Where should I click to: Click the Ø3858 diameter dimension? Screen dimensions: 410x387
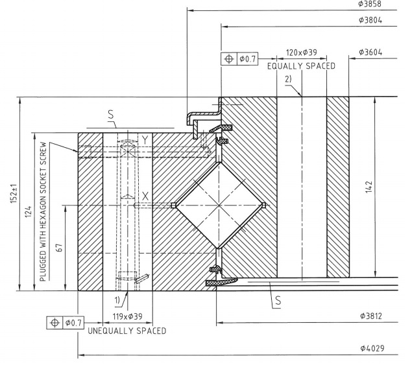coord(370,4)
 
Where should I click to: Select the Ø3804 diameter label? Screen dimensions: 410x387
coord(370,20)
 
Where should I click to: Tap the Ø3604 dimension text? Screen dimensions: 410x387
coord(370,53)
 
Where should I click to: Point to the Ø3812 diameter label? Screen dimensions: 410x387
coord(371,316)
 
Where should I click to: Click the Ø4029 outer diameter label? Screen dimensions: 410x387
coord(372,348)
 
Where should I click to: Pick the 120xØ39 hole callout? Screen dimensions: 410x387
coord(302,53)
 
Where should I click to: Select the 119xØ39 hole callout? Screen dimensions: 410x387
coord(127,317)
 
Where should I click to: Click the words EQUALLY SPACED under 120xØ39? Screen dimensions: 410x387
coord(301,66)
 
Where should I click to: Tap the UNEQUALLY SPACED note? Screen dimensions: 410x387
coord(127,331)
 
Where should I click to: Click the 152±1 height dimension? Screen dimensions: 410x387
coord(14,194)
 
